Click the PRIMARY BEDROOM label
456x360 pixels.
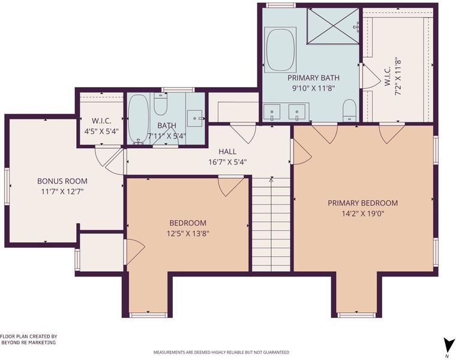coord(362,203)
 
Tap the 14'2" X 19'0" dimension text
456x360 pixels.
coord(363,214)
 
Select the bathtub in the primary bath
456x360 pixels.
coord(280,50)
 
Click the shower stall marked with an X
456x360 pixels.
coord(333,26)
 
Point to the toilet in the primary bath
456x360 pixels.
coord(349,110)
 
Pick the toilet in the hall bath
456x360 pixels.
coord(160,104)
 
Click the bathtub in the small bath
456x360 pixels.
coord(139,119)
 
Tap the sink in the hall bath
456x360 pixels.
coord(195,118)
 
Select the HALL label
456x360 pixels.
coord(227,152)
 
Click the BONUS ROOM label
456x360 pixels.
coord(62,181)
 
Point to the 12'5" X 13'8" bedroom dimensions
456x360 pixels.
coord(188,233)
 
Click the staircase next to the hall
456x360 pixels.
coord(271,224)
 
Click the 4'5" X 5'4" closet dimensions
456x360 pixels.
coord(101,131)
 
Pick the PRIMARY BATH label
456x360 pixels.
coord(313,78)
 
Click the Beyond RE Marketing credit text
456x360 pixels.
coord(29,340)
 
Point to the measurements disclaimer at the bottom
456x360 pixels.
coord(221,352)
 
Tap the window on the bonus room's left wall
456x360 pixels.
coord(7,187)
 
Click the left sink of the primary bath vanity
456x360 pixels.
coord(272,113)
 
